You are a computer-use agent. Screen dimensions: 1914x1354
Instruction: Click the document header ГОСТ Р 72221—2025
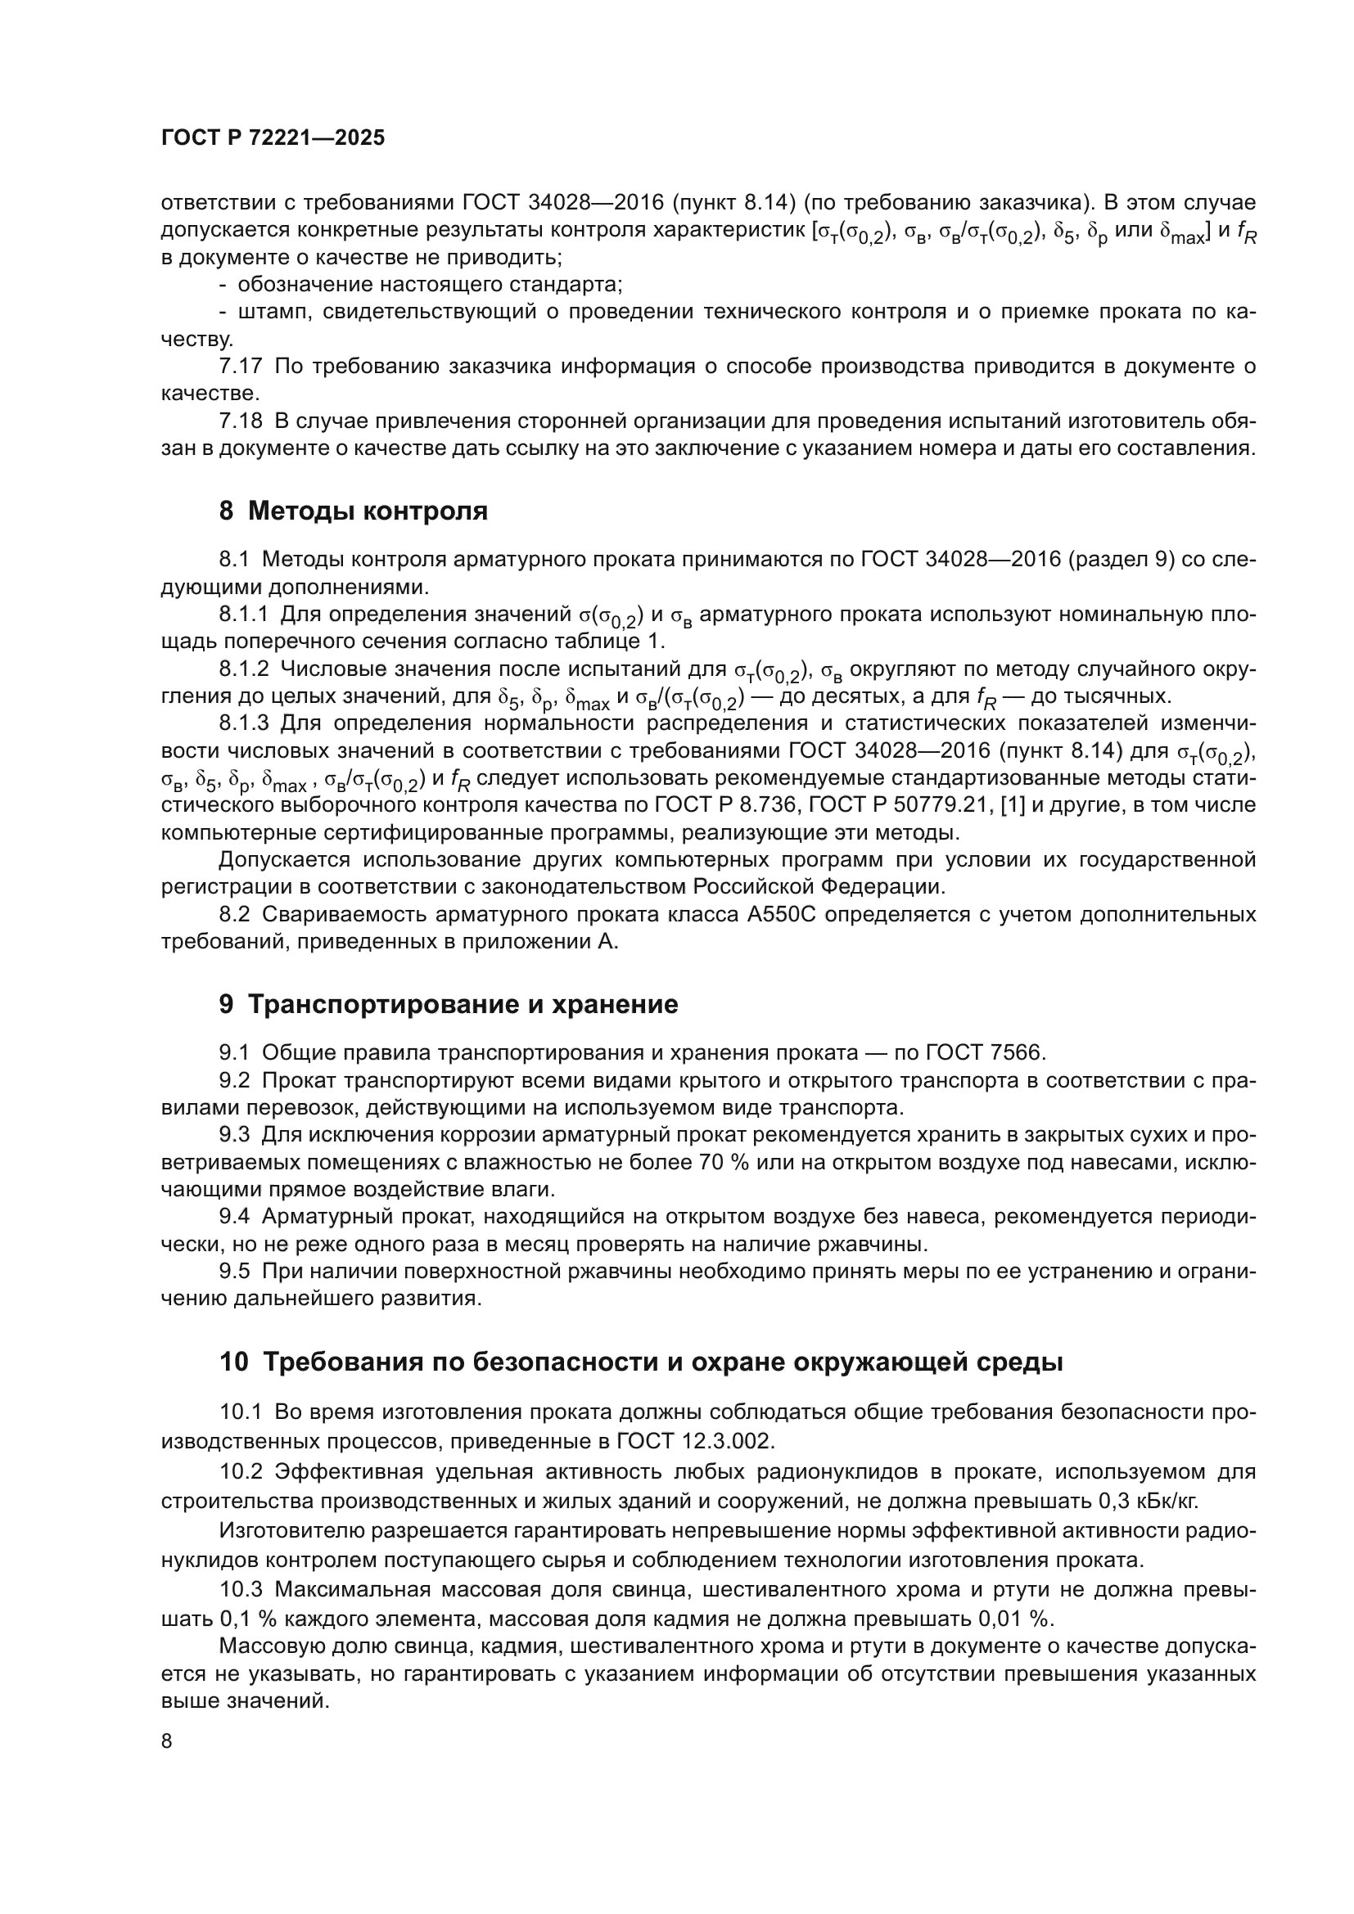(273, 138)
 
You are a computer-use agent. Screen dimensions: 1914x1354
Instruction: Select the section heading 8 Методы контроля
(353, 511)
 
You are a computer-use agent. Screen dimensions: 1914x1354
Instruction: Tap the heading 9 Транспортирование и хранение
(449, 1005)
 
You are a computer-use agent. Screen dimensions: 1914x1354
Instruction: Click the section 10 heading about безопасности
(641, 1362)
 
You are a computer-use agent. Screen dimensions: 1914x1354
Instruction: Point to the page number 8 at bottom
(167, 1741)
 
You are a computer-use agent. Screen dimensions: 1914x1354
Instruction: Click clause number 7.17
(241, 366)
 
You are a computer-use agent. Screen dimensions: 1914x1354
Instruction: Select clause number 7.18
(241, 421)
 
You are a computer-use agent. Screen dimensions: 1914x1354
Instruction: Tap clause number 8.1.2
(244, 669)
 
